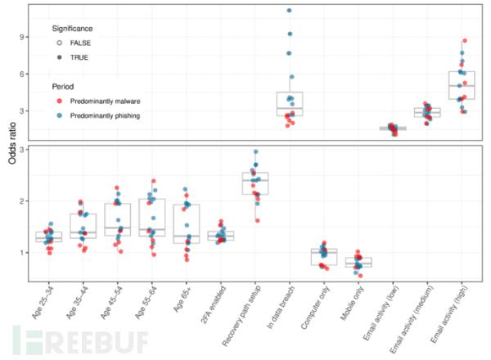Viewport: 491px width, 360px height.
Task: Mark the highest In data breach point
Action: (x=289, y=11)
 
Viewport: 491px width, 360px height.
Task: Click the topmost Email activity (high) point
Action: (x=465, y=40)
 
